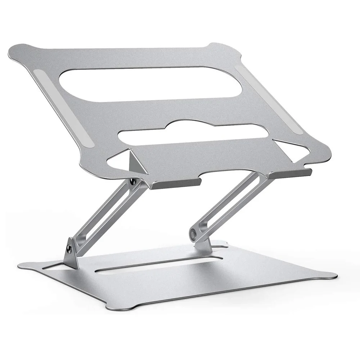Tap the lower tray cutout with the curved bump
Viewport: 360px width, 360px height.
pos(194,133)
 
